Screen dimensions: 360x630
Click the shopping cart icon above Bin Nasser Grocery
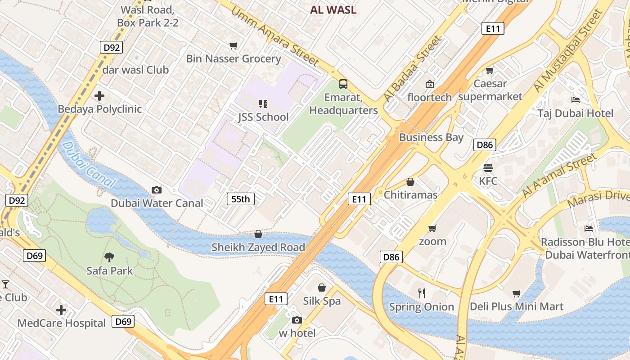pyautogui.click(x=233, y=45)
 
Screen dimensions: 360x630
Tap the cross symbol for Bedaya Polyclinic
pyautogui.click(x=99, y=96)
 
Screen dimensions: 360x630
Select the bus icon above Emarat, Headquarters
pyautogui.click(x=343, y=84)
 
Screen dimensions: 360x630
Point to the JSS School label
pyautogui.click(x=263, y=117)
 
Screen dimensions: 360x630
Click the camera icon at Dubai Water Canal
pyautogui.click(x=157, y=190)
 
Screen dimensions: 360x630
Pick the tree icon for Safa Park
pyautogui.click(x=109, y=257)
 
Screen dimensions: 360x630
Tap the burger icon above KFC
pyautogui.click(x=488, y=168)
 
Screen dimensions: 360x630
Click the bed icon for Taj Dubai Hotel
pyautogui.click(x=575, y=99)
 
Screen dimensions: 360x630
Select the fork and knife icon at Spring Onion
pyautogui.click(x=422, y=293)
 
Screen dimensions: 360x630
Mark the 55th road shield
pyautogui.click(x=241, y=199)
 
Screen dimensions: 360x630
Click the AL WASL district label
pyautogui.click(x=333, y=10)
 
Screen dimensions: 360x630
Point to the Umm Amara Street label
pyautogui.click(x=275, y=36)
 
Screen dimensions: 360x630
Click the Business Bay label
pyautogui.click(x=431, y=137)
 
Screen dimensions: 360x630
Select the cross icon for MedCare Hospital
pyautogui.click(x=61, y=310)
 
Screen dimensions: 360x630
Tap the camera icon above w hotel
pyautogui.click(x=297, y=320)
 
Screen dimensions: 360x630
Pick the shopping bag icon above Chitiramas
pyautogui.click(x=410, y=182)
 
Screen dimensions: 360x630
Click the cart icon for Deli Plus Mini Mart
pyautogui.click(x=517, y=293)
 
